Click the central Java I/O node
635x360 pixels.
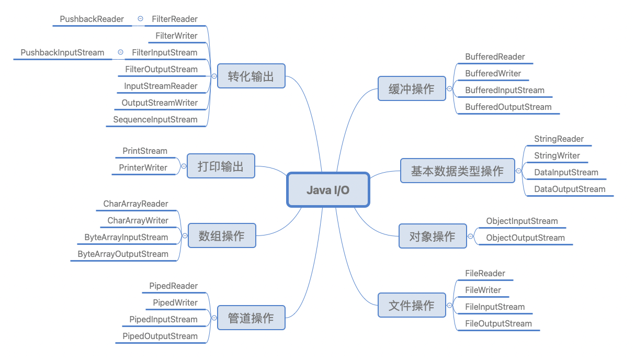point(328,190)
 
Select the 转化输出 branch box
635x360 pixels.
point(251,76)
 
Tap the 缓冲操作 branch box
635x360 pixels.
point(411,89)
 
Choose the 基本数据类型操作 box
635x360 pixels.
point(457,171)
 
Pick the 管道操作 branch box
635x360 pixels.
point(251,318)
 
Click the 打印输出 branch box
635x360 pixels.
point(221,166)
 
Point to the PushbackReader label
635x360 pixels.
point(92,19)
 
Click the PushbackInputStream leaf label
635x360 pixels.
point(62,53)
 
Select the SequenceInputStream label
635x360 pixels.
point(155,120)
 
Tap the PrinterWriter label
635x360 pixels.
point(143,168)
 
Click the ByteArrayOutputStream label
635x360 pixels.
point(123,254)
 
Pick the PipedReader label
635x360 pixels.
point(174,286)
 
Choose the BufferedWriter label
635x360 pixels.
point(493,74)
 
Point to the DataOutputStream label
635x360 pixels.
point(570,189)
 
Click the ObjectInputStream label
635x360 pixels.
point(522,221)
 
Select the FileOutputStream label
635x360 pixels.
point(498,324)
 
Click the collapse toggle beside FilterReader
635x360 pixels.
point(140,19)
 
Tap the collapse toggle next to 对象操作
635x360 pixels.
point(470,236)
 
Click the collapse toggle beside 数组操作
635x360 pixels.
point(185,236)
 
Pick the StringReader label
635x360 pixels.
point(559,139)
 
